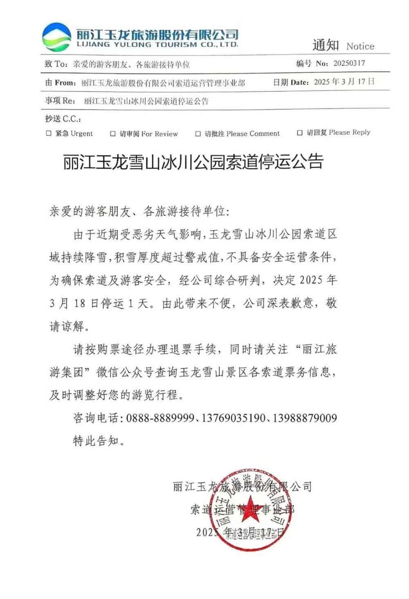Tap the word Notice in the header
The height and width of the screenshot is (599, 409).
pyautogui.click(x=360, y=46)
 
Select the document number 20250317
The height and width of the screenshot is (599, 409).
pyautogui.click(x=349, y=63)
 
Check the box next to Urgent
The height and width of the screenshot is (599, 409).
pyautogui.click(x=49, y=133)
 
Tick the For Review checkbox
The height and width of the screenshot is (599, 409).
pyautogui.click(x=113, y=133)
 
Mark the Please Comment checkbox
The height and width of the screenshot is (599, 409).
pyautogui.click(x=198, y=133)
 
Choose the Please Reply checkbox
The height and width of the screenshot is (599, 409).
pyautogui.click(x=300, y=133)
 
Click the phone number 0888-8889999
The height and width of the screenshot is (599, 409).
pyautogui.click(x=160, y=418)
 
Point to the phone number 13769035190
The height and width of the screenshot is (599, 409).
pyautogui.click(x=234, y=418)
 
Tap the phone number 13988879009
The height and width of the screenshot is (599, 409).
pyautogui.click(x=305, y=418)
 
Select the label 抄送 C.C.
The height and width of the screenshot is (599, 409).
pyautogui.click(x=63, y=119)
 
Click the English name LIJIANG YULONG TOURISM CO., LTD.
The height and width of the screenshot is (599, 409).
pyautogui.click(x=157, y=45)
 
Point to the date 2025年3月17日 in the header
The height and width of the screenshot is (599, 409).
pyautogui.click(x=344, y=81)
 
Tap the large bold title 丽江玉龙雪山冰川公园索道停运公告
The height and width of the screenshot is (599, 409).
pyautogui.click(x=193, y=162)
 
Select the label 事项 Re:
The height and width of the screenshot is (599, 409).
pyautogui.click(x=60, y=101)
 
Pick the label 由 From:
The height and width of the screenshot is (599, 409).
pyautogui.click(x=61, y=83)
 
